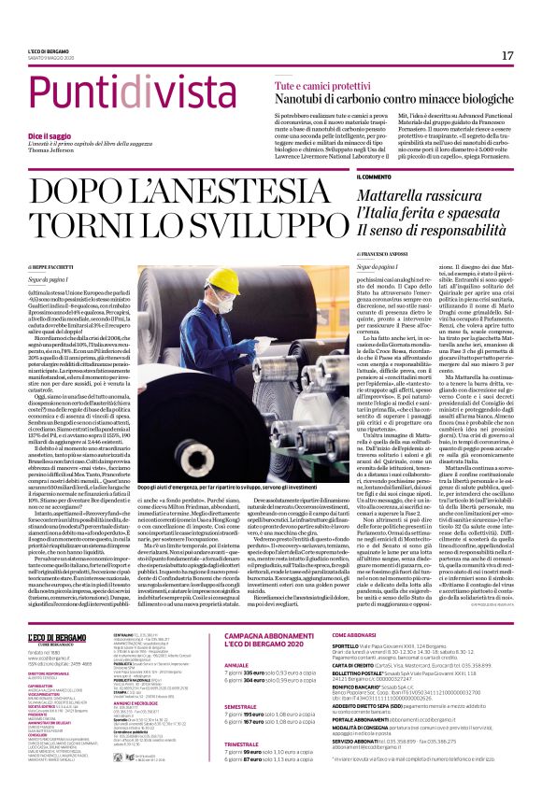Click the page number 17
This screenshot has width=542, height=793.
click(x=507, y=56)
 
